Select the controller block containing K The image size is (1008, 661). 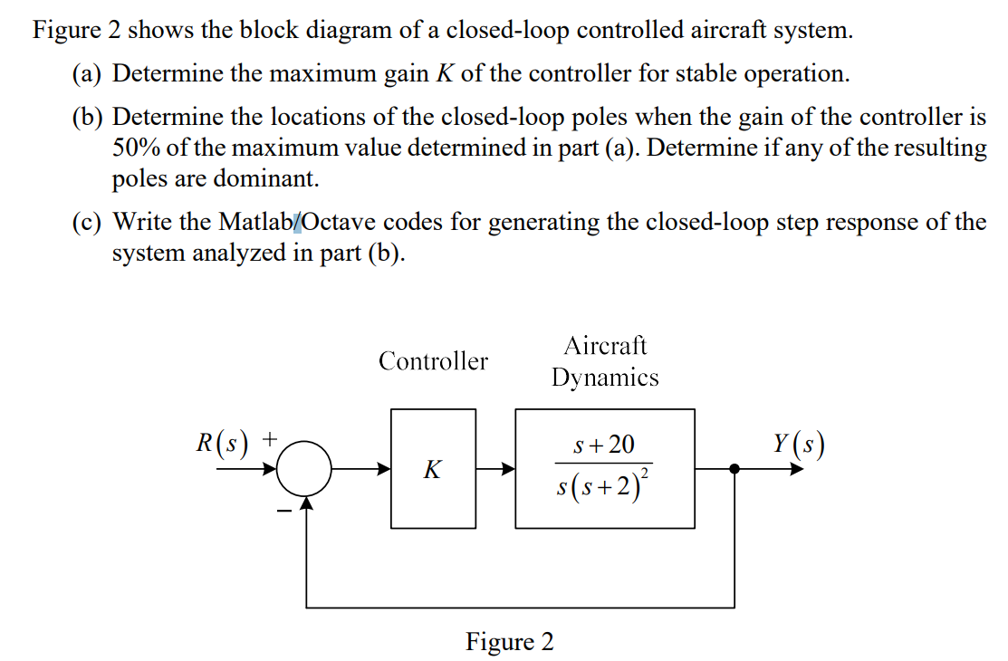pos(433,468)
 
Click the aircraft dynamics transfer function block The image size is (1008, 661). pos(605,468)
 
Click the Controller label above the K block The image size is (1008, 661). pos(433,361)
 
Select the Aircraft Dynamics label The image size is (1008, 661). pos(605,361)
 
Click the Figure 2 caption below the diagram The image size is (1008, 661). pos(509,642)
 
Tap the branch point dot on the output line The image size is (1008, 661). pos(734,469)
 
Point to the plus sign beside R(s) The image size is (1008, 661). pos(270,440)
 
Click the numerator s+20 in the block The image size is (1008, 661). pos(605,445)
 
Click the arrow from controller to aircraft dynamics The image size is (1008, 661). pos(495,469)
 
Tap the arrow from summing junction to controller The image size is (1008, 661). pos(363,469)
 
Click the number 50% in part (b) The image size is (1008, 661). pos(134,148)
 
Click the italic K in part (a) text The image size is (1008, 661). pos(444,73)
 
